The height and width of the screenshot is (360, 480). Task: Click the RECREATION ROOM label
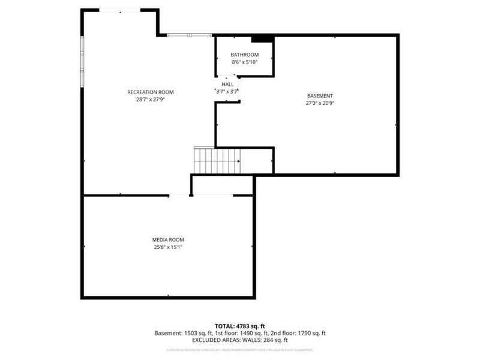150,92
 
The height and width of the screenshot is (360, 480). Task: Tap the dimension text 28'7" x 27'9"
150,100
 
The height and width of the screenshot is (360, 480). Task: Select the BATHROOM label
245,55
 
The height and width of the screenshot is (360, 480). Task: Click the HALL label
227,84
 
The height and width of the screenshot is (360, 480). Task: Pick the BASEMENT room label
320,95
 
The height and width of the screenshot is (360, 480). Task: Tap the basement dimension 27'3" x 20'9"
320,103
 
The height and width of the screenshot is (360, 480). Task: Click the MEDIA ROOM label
168,239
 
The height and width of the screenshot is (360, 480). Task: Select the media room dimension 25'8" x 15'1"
168,247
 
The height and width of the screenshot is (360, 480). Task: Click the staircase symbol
216,161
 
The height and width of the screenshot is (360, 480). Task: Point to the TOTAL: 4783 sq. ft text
240,326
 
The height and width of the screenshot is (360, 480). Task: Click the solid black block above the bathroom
262,39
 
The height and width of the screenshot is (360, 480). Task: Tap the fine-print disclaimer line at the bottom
240,350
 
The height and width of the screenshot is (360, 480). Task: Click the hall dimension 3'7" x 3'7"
227,92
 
